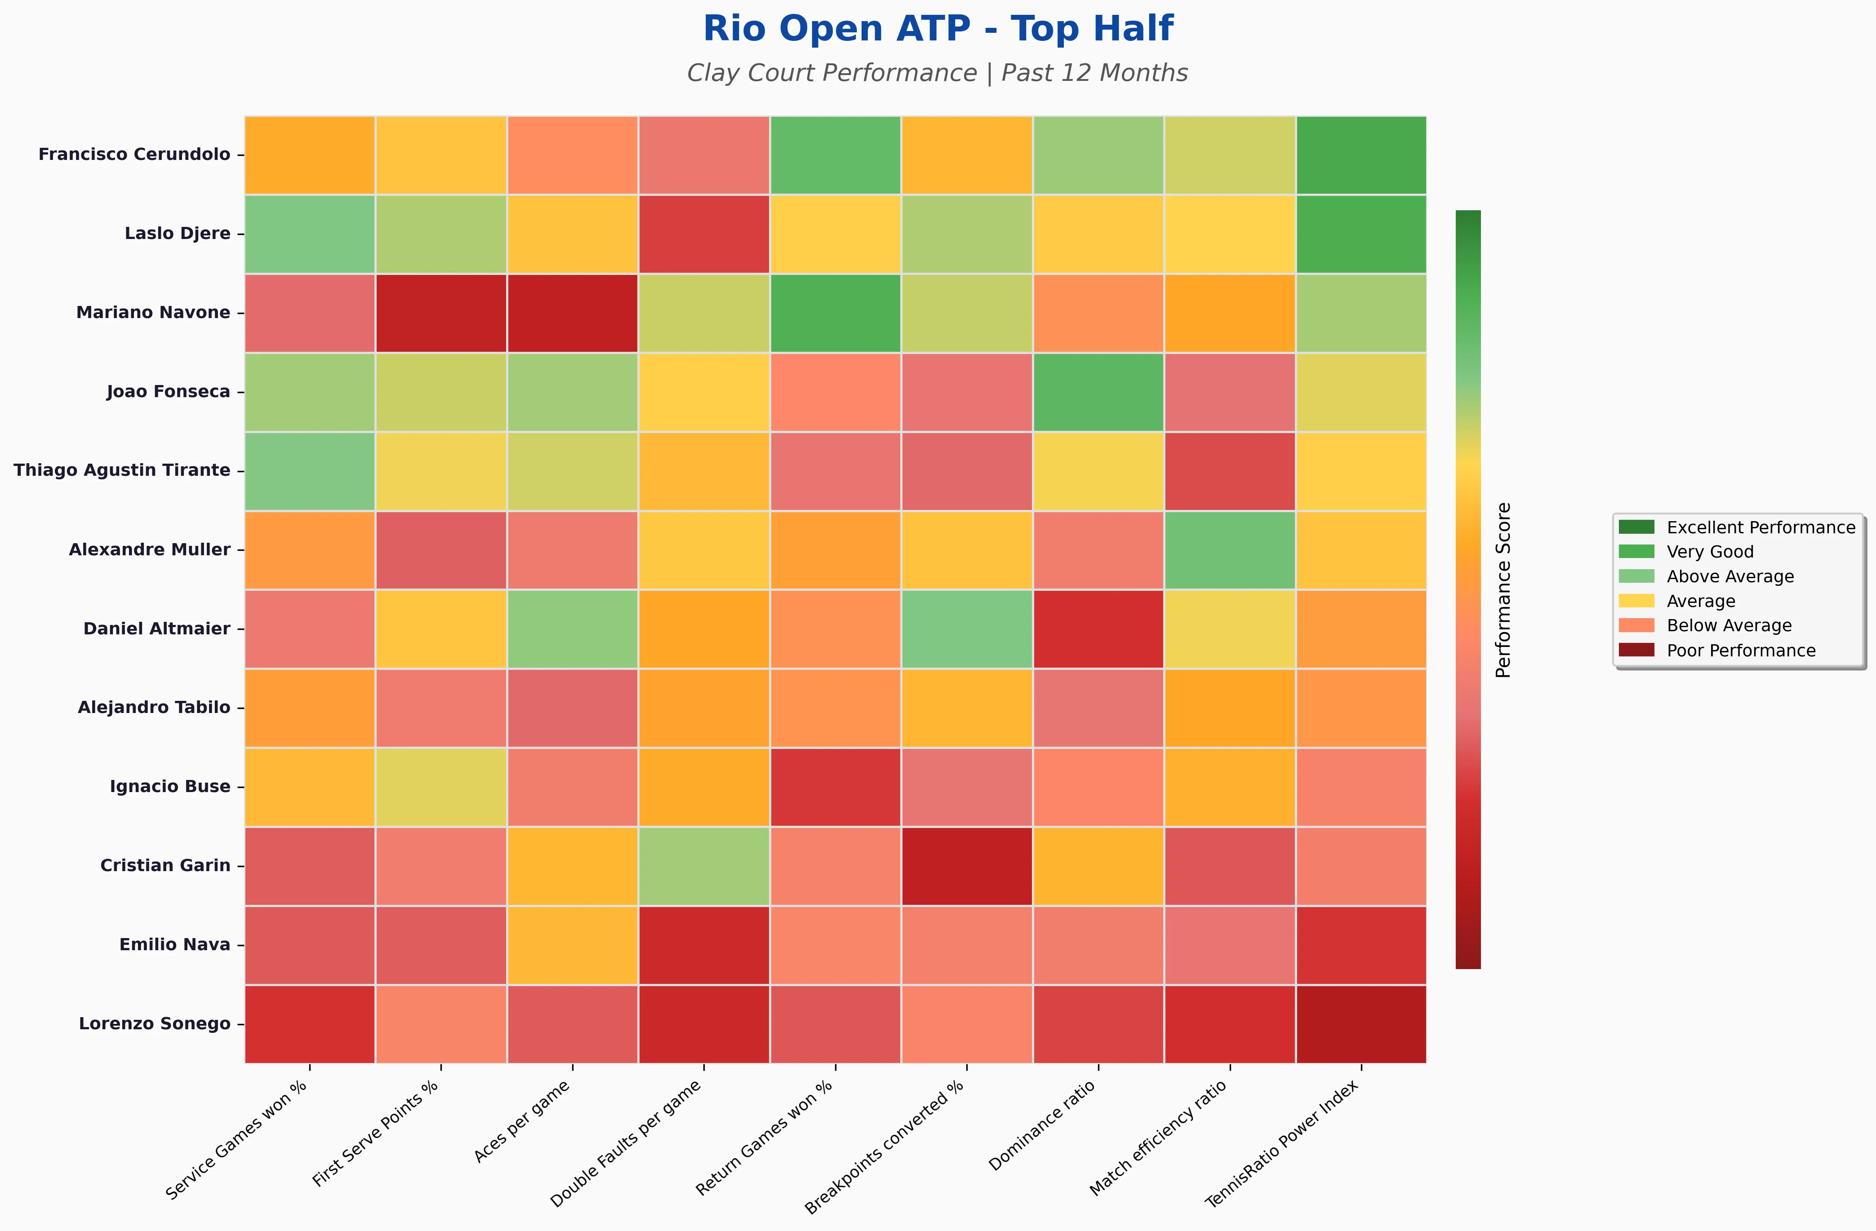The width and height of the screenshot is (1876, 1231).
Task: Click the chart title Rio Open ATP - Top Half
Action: coord(938,29)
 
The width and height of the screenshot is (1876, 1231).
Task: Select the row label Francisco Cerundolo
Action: coord(135,155)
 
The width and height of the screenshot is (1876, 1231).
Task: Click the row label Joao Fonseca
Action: coord(169,392)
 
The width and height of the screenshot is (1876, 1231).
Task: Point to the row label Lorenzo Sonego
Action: coord(155,1024)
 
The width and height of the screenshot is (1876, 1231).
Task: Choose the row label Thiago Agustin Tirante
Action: coord(122,470)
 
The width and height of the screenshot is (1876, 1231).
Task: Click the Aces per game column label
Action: coord(522,1120)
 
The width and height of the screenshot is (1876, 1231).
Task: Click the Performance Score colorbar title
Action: coord(1503,589)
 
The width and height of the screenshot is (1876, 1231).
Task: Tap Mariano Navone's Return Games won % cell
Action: coord(836,313)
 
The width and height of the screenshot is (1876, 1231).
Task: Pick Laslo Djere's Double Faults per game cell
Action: coord(704,234)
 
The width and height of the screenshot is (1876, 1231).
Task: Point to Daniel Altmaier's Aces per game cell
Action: coord(572,629)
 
